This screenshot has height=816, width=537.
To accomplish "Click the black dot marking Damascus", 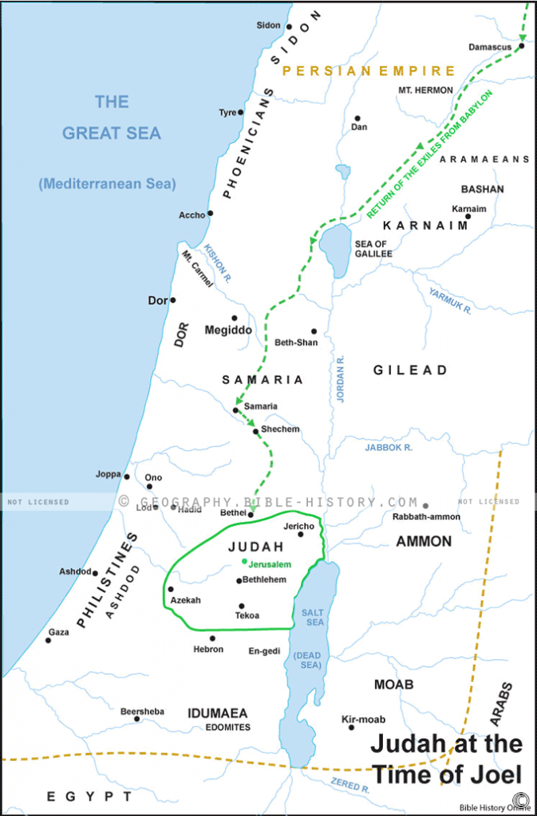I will [x=520, y=46].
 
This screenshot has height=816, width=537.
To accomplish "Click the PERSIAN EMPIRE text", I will [x=369, y=71].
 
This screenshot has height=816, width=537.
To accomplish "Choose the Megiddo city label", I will [x=228, y=330].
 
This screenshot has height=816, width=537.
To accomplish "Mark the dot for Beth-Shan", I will [x=314, y=331].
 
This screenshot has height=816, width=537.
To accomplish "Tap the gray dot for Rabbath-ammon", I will [x=425, y=505].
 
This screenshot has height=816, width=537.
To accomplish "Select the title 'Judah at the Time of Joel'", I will [x=446, y=759].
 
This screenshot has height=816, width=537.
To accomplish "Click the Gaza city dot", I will [x=48, y=640].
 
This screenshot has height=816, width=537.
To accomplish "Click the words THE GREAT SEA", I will [x=112, y=117].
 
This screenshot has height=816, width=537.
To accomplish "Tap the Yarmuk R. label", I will [x=451, y=299].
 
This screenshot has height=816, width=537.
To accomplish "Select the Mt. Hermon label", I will [x=425, y=90].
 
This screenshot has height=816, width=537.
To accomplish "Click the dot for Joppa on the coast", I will [x=126, y=477].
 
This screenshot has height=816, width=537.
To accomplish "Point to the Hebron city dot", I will [x=212, y=637].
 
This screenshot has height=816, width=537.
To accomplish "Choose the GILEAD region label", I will [x=410, y=371].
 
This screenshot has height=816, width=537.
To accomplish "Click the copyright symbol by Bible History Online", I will [x=522, y=799].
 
